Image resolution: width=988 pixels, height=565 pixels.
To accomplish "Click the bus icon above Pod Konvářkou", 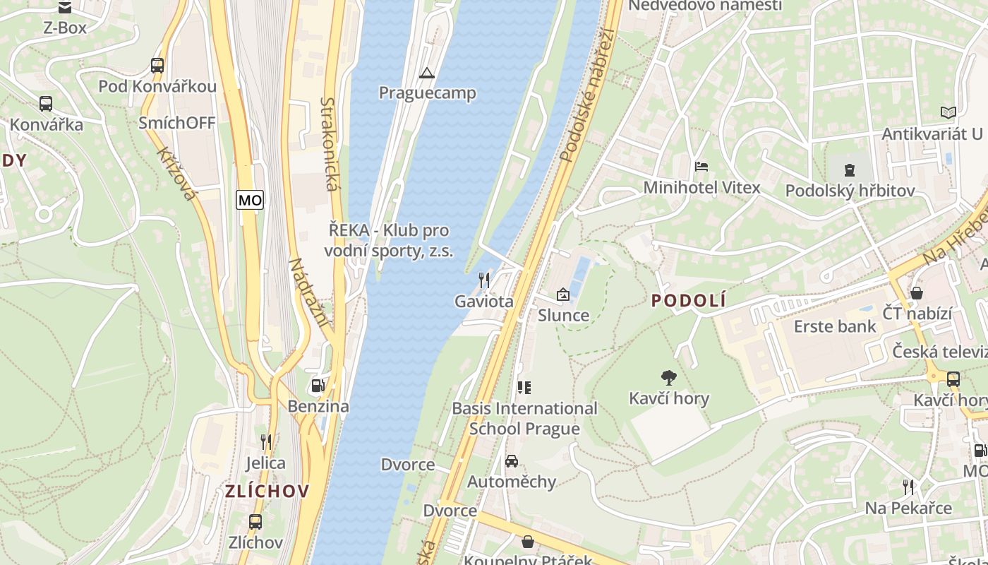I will (x=157, y=66).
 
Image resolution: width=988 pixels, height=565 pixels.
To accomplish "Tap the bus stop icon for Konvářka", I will (x=46, y=104).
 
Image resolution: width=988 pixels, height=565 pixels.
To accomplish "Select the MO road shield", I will (x=250, y=200).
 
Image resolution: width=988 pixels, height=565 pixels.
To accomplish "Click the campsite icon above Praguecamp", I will (x=426, y=73).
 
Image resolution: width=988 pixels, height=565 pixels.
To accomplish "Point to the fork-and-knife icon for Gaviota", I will (x=483, y=280).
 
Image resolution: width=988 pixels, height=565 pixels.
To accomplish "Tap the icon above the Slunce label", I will (x=563, y=295).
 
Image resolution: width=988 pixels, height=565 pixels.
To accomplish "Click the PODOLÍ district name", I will (x=688, y=301).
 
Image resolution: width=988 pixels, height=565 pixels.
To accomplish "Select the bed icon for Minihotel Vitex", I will (x=701, y=167).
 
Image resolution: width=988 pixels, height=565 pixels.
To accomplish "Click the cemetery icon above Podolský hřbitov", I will (x=850, y=169).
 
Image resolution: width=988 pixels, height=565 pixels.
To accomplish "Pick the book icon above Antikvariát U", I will (x=948, y=112).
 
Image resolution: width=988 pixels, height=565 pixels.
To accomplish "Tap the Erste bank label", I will (x=835, y=326).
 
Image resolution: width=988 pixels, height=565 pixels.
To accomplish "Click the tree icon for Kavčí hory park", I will (x=668, y=378).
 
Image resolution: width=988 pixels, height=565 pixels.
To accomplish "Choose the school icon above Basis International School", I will (x=524, y=387).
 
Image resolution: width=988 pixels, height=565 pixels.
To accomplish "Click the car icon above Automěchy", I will (x=512, y=461).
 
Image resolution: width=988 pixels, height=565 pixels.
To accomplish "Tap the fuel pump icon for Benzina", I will (x=318, y=386).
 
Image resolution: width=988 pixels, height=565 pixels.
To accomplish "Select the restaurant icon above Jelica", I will (x=266, y=442).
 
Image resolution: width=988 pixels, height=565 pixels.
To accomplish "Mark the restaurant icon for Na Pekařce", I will (x=908, y=487).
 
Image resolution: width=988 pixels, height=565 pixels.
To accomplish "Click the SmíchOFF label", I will (x=177, y=122).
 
